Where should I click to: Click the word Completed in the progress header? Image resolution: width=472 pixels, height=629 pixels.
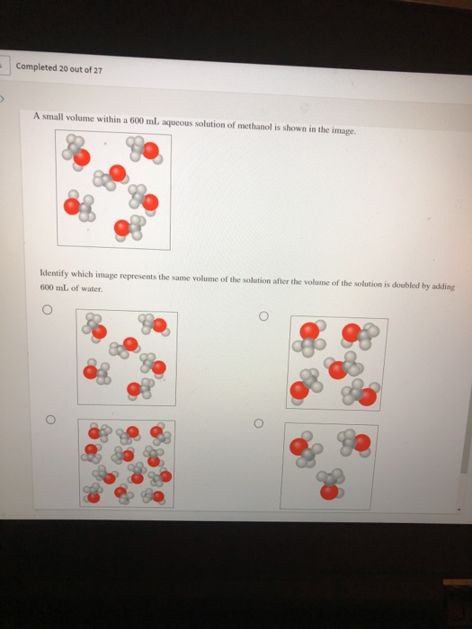[x=37, y=67]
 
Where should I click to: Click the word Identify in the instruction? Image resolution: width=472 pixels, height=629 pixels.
[x=57, y=271]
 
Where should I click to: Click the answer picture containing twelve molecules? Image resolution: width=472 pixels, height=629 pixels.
[x=125, y=462]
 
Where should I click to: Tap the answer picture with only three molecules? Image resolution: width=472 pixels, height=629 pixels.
[x=329, y=467]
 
